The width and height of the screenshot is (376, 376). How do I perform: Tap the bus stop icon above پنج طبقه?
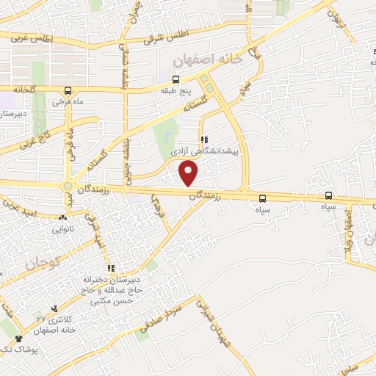[x=176, y=79]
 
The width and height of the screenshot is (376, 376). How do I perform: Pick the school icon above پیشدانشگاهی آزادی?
[x=203, y=139]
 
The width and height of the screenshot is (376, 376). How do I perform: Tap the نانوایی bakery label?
[x=62, y=229]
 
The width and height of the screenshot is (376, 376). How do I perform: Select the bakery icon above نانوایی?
[x=62, y=218]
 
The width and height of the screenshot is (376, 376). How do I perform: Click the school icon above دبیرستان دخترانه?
[x=111, y=269]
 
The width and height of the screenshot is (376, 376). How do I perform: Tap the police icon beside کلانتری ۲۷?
[x=55, y=309]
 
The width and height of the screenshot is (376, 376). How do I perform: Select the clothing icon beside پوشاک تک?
[x=18, y=338]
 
